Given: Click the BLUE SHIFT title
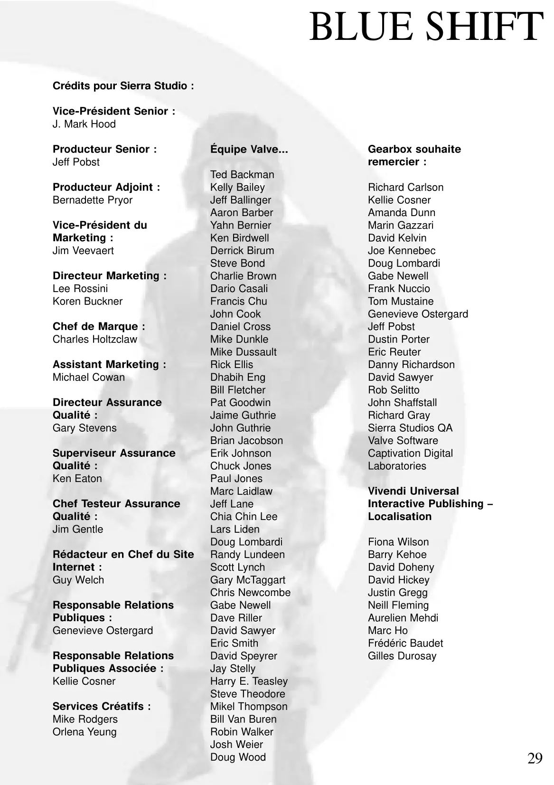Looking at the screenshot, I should [426, 27].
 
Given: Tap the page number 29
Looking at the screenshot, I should [535, 758].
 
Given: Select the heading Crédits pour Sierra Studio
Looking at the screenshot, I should [123, 86].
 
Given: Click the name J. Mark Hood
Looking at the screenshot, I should [84, 124].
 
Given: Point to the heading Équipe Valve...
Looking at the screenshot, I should [249, 149].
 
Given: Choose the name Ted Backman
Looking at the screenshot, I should [242, 175].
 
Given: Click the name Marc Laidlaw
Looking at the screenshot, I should [241, 491].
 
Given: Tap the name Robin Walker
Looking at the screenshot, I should [242, 732].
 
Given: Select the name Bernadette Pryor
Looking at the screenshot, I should [93, 200].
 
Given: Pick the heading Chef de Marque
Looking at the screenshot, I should [99, 327].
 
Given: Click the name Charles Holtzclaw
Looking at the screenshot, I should [94, 339].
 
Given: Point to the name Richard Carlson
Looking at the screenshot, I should [405, 187].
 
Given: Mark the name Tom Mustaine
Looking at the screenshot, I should [401, 301].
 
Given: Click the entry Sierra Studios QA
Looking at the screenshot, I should [410, 428].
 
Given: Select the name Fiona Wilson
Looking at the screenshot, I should [398, 542].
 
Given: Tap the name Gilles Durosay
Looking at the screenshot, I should [402, 656].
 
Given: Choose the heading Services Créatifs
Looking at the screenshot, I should [102, 706].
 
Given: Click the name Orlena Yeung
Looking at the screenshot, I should [85, 732].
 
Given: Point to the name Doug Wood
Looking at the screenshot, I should [238, 757].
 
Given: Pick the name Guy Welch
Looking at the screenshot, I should [78, 580].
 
